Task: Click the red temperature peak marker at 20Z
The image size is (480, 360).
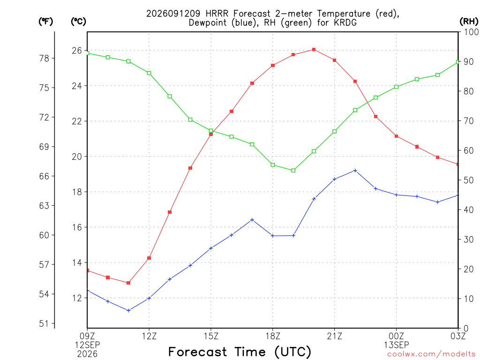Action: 314,50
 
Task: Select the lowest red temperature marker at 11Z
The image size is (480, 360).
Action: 128,283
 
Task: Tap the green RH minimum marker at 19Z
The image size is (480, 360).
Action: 293,171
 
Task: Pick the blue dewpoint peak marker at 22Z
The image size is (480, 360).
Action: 355,171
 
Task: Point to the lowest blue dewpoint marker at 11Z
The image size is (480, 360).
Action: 128,310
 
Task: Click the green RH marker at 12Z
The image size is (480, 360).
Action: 149,73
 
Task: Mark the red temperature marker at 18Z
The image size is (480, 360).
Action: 273,66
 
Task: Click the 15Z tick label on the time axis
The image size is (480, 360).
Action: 211,336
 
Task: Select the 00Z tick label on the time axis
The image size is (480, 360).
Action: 397,336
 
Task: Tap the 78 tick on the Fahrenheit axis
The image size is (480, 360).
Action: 45,58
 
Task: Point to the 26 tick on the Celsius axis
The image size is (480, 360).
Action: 77,51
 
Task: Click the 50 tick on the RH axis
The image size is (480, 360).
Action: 468,180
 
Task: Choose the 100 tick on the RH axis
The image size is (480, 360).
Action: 471,32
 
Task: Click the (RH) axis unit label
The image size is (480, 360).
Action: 469,21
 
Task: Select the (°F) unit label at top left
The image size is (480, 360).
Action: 46,21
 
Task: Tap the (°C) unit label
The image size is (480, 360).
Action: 79,21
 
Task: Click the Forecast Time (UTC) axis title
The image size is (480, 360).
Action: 240,352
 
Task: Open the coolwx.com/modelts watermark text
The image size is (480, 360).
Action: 431,354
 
